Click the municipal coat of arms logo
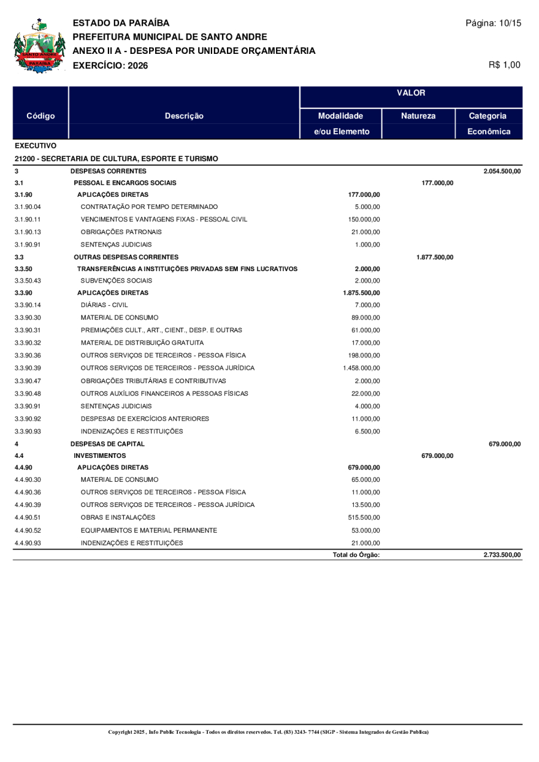click(x=39, y=47)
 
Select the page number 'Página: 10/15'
click(x=493, y=23)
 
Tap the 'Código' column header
click(x=41, y=116)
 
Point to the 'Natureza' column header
click(x=418, y=116)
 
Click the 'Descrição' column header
click(x=184, y=116)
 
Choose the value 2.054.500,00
click(x=502, y=172)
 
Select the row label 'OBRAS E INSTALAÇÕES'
click(x=118, y=517)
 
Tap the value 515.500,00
click(x=364, y=517)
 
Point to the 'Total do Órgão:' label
click(x=356, y=555)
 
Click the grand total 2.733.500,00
click(x=502, y=555)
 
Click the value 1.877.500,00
click(x=435, y=257)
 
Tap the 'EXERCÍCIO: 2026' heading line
click(x=110, y=65)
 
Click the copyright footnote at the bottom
click(x=268, y=732)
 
